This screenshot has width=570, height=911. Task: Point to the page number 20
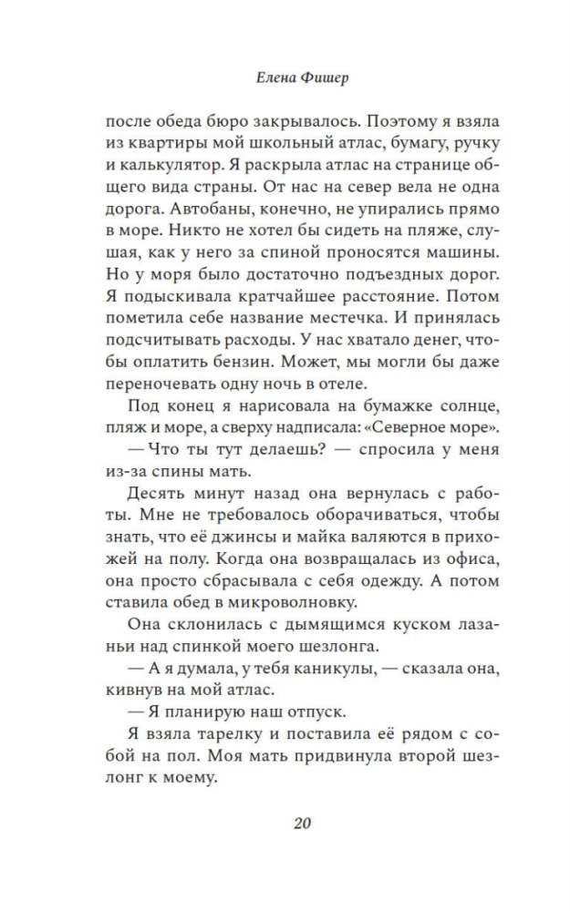click(304, 824)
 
